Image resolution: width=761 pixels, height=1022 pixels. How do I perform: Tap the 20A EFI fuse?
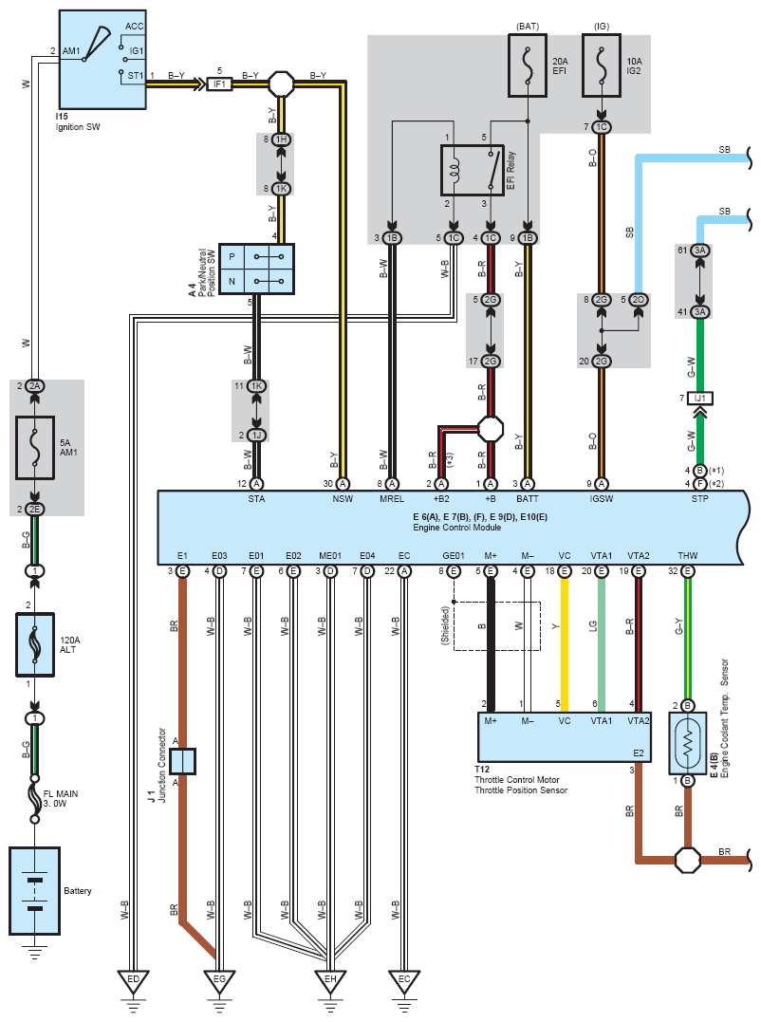point(527,65)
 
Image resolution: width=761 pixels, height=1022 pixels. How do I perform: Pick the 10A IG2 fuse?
point(602,65)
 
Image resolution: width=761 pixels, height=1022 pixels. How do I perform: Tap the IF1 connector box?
point(219,84)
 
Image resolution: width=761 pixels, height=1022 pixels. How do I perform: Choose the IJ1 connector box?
point(699,398)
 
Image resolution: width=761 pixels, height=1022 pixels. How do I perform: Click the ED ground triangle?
point(133,981)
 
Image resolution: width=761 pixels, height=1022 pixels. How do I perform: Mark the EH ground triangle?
point(330,981)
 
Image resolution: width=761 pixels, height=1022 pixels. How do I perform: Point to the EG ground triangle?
point(219,981)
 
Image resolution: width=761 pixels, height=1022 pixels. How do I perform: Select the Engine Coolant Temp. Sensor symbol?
point(687,743)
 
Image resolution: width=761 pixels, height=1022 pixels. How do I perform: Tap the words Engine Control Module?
point(457,528)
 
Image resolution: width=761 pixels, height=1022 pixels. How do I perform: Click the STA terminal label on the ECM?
point(257,498)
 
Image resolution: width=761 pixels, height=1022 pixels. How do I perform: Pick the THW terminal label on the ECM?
point(687,555)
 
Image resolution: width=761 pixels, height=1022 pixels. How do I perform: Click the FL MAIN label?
point(61,794)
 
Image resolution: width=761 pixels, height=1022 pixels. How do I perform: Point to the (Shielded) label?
point(446,625)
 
